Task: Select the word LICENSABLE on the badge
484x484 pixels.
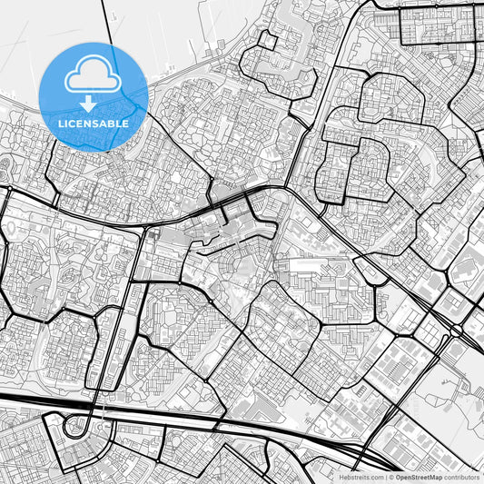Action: [x=94, y=123]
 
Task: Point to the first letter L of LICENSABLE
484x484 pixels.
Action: [x=61, y=123]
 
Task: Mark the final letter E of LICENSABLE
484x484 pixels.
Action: [x=125, y=123]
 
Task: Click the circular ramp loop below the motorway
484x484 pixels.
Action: [x=78, y=427]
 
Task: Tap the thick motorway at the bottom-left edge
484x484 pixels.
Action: [x=18, y=400]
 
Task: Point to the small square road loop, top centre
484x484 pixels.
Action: [x=270, y=42]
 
